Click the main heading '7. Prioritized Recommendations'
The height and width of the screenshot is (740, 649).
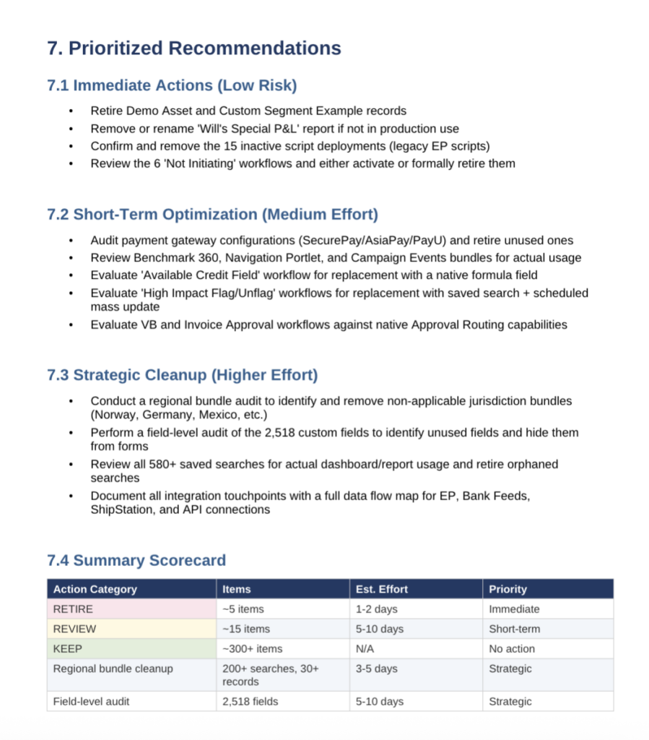tap(193, 48)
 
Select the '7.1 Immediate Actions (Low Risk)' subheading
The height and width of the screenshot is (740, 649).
tap(172, 85)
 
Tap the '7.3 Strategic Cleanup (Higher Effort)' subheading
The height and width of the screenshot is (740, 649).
tap(182, 375)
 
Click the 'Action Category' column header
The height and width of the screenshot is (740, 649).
tap(95, 589)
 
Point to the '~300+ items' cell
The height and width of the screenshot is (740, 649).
tap(252, 649)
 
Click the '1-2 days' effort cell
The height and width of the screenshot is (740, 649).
tap(376, 609)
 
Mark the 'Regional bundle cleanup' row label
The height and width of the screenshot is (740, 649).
tap(113, 668)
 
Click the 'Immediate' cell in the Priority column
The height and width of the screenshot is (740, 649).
tap(514, 609)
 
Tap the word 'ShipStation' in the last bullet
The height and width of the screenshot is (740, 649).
tap(121, 509)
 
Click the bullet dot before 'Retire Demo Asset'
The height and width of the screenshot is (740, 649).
tap(71, 111)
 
